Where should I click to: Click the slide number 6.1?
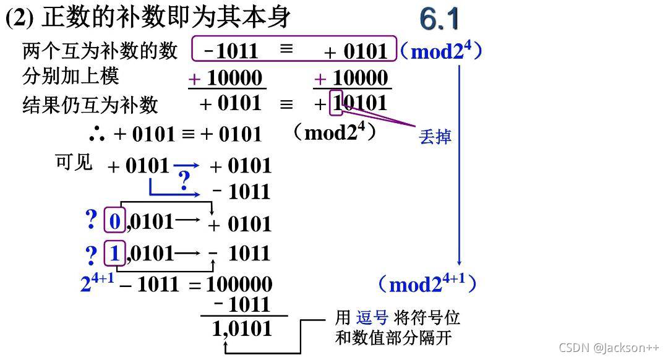(440, 19)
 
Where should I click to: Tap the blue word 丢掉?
(435, 136)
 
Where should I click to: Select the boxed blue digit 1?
(114, 252)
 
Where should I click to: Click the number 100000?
(239, 285)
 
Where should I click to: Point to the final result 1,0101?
(242, 328)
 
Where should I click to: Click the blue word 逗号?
(372, 318)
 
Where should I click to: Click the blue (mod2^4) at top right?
(441, 50)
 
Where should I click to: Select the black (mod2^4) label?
(334, 132)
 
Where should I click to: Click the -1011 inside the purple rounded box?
(230, 51)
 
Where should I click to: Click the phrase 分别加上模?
(71, 76)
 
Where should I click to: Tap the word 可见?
(74, 162)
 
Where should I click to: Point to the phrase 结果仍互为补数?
(90, 105)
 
